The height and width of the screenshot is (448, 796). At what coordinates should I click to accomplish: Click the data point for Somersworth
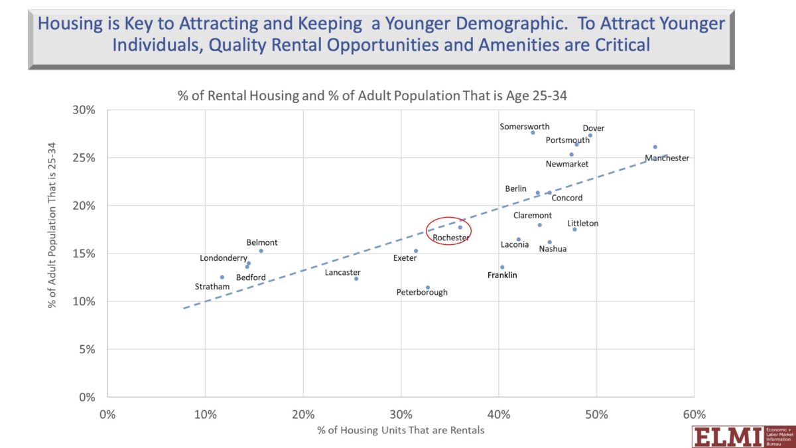tap(533, 133)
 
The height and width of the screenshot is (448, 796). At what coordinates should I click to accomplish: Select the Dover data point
tap(590, 135)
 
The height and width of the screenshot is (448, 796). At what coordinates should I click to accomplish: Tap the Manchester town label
tap(667, 158)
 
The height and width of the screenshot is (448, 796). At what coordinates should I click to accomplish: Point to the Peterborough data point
tap(428, 287)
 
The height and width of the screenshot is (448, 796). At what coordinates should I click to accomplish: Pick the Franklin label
tap(502, 275)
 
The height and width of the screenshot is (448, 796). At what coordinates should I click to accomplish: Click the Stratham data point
tap(222, 277)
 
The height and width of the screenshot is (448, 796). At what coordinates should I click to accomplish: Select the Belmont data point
tap(261, 251)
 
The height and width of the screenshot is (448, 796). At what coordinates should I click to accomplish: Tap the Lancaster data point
tap(356, 279)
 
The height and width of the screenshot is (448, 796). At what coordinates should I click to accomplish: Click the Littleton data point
tap(574, 230)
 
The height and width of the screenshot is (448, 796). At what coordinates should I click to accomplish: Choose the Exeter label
tap(405, 258)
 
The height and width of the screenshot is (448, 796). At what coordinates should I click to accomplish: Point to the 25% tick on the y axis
tap(84, 158)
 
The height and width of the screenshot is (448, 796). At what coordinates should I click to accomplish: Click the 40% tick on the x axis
tap(499, 414)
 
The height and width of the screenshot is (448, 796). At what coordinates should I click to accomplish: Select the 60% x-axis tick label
tap(695, 414)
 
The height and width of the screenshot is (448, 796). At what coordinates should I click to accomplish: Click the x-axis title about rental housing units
tap(401, 430)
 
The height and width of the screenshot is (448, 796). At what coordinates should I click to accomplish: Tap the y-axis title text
tap(52, 225)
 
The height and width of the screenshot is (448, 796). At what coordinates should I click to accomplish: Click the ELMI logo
tap(744, 437)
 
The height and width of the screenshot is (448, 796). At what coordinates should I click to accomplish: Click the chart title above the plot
tap(372, 96)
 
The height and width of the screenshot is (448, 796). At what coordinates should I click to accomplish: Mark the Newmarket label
tap(567, 164)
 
